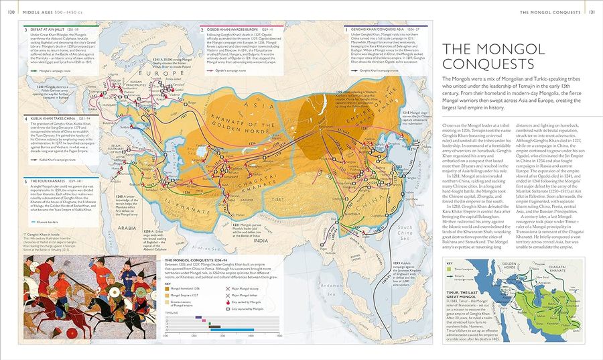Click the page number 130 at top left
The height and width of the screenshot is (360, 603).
[11, 11]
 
